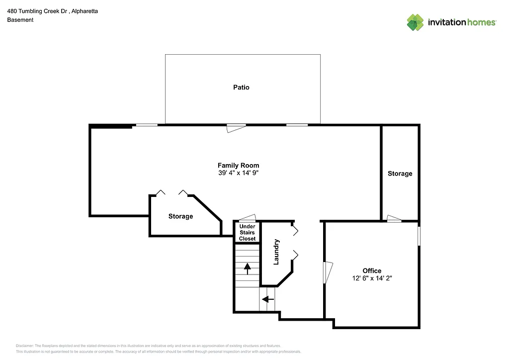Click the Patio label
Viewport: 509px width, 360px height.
241,88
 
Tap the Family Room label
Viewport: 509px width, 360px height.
238,166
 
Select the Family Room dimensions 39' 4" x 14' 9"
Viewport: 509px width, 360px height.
238,173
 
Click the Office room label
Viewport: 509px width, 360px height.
372,271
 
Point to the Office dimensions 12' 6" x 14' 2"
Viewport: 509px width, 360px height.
372,278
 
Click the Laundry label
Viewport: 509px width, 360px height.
276,252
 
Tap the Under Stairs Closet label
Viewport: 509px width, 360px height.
247,233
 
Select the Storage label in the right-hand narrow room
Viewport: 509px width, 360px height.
400,174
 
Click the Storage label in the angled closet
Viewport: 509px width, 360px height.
180,216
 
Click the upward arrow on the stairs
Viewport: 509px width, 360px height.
247,269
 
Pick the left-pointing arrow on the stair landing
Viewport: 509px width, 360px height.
268,299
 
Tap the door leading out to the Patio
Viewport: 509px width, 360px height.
236,128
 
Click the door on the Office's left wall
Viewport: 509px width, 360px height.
328,272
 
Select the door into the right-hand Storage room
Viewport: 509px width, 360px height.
394,218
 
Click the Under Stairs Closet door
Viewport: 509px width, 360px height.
247,218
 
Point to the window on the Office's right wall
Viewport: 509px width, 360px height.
419,236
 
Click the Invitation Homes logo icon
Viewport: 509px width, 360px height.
415,22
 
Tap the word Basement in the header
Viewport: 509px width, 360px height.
20,20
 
